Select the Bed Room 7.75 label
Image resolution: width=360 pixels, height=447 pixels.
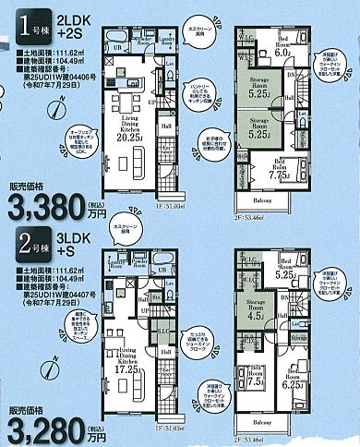(x=256, y=169)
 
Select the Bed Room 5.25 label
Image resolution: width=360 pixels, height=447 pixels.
(x=286, y=272)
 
